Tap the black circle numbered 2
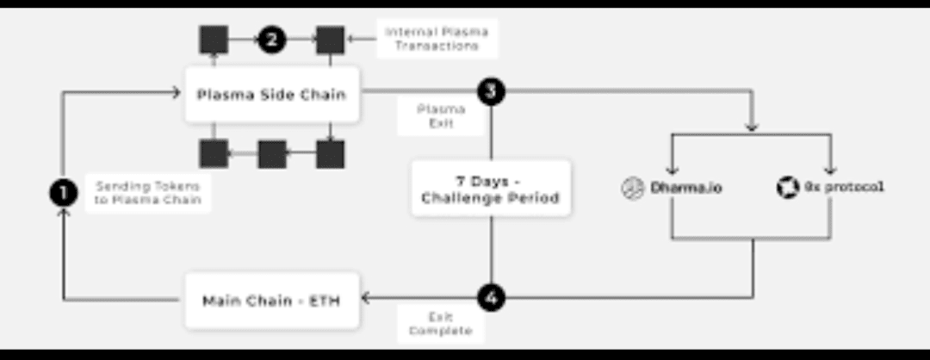click(271, 39)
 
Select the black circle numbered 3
click(490, 91)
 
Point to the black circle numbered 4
click(490, 298)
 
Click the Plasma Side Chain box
click(272, 94)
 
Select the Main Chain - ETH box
click(272, 301)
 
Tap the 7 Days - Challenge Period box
click(490, 189)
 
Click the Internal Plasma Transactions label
click(437, 39)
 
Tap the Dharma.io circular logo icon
click(633, 188)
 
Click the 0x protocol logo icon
click(787, 188)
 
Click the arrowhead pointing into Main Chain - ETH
click(365, 298)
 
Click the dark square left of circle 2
click(214, 39)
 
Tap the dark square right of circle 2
click(330, 39)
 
